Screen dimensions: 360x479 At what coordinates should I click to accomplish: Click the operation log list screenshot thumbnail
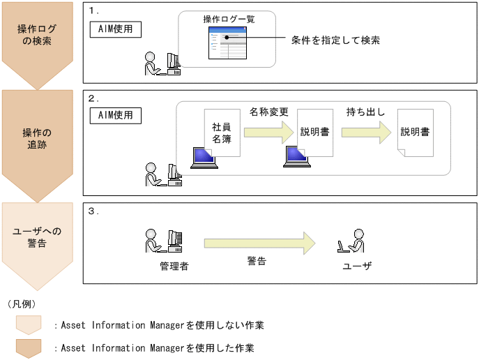[229, 43]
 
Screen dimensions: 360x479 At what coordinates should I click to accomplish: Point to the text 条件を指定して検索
[335, 40]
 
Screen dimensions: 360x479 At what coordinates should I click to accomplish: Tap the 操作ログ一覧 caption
[229, 19]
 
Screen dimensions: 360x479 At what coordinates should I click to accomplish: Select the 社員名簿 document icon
[222, 133]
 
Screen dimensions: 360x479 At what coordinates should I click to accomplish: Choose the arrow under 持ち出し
[366, 133]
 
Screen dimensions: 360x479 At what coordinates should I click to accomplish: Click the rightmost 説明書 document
[414, 133]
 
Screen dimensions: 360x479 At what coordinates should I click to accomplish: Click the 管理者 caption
[174, 267]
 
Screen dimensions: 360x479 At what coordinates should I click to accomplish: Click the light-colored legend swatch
[29, 324]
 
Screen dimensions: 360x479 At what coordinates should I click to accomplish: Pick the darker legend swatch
[29, 347]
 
